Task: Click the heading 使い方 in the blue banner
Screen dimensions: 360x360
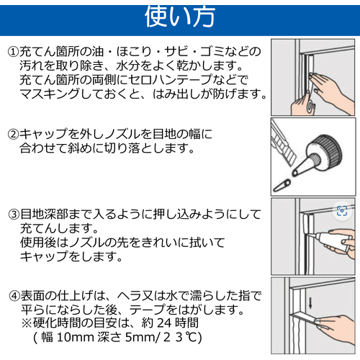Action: (x=180, y=17)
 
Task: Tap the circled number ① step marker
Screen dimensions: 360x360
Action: (x=14, y=52)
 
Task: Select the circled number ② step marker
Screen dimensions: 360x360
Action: (x=14, y=134)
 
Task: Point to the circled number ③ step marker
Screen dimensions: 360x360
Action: (x=14, y=215)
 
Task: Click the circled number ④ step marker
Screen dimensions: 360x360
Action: (x=14, y=296)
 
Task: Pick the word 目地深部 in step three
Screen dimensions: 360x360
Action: (x=45, y=215)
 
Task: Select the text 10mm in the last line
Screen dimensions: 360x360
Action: (x=76, y=337)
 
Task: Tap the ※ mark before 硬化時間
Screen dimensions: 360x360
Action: (x=27, y=323)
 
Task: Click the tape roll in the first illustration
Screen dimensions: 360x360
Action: (x=311, y=106)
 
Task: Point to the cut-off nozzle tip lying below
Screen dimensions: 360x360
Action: (x=282, y=185)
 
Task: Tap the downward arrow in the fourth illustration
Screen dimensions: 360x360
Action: (x=310, y=303)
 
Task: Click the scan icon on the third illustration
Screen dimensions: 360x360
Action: (x=342, y=211)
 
